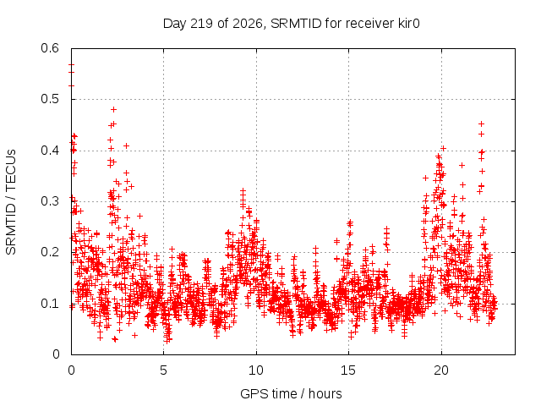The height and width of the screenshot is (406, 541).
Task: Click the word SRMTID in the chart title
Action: point(296,24)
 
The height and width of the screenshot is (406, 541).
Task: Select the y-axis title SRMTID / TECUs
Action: point(11,202)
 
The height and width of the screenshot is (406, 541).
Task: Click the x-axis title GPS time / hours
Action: point(291,393)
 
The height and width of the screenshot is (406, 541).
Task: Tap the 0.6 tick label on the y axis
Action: point(50,48)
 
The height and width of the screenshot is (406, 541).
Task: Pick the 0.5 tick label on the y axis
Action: point(50,99)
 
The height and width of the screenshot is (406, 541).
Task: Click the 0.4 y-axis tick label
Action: point(50,151)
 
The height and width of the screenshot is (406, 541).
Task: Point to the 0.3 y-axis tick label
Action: point(50,201)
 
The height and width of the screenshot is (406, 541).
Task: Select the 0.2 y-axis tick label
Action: point(50,252)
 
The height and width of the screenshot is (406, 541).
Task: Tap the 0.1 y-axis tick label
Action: point(50,304)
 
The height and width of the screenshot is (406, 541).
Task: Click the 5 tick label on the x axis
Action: point(163,370)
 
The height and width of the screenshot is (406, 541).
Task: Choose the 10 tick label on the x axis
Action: point(256,370)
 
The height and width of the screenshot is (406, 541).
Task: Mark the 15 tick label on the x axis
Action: point(348,370)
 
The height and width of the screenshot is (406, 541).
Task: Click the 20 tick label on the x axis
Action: point(441,370)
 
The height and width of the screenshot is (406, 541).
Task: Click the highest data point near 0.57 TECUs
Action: point(71,64)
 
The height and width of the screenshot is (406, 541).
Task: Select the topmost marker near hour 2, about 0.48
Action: point(114,110)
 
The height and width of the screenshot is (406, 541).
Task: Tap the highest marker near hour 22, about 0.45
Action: point(482,124)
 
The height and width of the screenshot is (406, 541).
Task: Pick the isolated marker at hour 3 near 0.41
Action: point(126,146)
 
